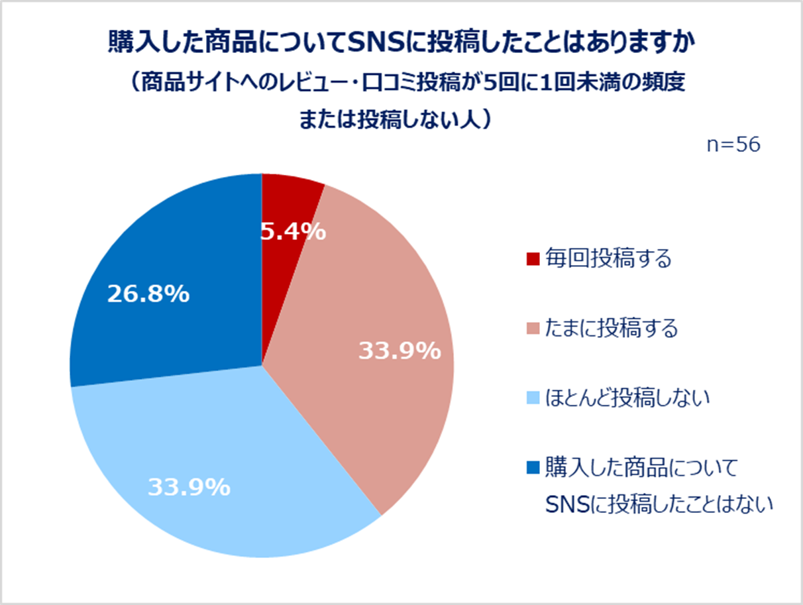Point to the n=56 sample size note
(733, 145)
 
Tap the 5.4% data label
(292, 231)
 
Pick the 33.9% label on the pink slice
(400, 351)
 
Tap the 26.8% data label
(148, 295)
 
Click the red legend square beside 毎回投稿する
(532, 259)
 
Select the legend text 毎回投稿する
(608, 259)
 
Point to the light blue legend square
(532, 399)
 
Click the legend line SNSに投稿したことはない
(659, 505)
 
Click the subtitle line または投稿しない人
(395, 119)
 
